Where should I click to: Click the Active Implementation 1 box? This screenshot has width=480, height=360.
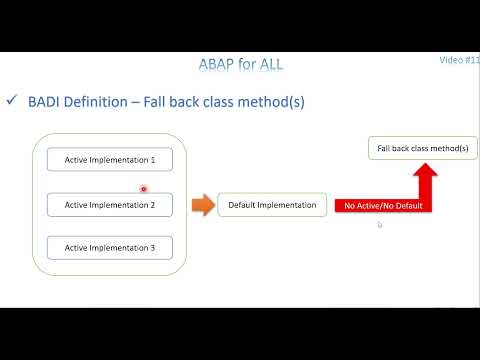tap(110, 159)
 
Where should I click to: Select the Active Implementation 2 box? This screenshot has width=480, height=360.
tap(110, 205)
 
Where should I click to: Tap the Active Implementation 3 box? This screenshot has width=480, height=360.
tap(110, 247)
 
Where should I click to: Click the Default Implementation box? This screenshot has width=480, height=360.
tap(272, 205)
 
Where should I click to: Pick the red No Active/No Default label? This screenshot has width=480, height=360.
tap(383, 206)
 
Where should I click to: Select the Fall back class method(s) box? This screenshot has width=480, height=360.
tap(422, 148)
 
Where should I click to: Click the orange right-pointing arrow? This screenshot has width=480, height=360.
tap(202, 205)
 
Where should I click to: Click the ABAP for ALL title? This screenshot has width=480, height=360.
tap(241, 65)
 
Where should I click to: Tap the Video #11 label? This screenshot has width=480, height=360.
tap(459, 60)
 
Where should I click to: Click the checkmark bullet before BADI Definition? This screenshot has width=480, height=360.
tap(12, 101)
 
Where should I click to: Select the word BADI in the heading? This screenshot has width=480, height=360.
tap(46, 102)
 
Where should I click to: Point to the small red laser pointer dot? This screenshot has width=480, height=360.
tap(144, 188)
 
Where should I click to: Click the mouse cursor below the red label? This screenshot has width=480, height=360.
tap(379, 225)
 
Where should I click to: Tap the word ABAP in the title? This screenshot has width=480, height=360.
tap(219, 65)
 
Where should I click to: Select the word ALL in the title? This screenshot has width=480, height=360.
tap(269, 65)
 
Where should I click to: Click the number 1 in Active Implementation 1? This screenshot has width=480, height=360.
tap(153, 159)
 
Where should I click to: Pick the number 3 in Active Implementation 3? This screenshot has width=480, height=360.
tap(153, 247)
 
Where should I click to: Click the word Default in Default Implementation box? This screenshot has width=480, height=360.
tap(245, 205)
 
